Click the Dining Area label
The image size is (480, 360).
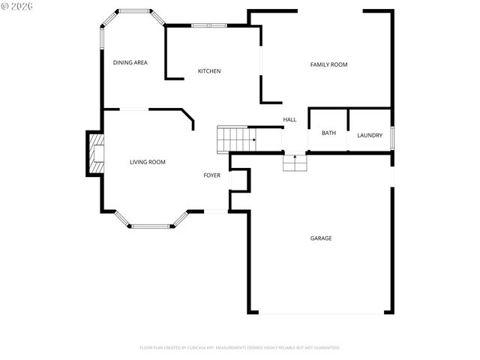(130, 63)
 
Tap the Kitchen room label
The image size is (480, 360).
(209, 71)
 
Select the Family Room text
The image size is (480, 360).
(328, 65)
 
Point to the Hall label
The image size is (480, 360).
(289, 120)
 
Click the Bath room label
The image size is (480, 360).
(328, 133)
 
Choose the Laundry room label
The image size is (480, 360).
(370, 136)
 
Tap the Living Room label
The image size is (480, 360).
(147, 162)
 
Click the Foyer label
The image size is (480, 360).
(212, 175)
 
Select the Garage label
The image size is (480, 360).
(321, 238)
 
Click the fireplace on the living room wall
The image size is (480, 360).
(96, 153)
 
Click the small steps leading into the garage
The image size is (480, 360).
(295, 162)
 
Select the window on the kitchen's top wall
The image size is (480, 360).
(208, 25)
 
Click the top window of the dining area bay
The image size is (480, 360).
(134, 10)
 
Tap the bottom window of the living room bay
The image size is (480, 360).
(151, 225)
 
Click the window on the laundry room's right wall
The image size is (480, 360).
(392, 136)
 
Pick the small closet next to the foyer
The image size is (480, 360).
(239, 180)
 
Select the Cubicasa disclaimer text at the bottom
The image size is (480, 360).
(240, 348)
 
